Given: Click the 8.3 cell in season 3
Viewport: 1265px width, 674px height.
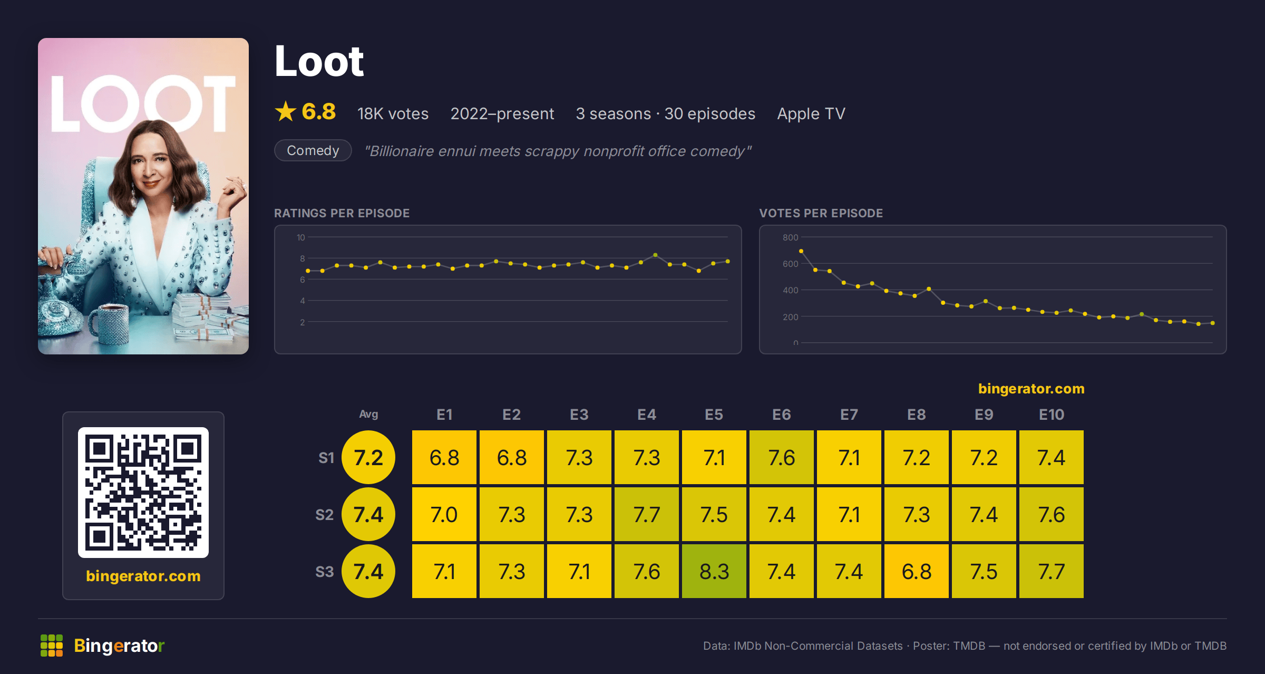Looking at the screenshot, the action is [x=714, y=571].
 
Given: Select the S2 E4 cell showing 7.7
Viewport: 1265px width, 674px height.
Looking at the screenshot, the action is [x=647, y=514].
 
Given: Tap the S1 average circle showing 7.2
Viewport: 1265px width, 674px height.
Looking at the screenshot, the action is [x=368, y=457].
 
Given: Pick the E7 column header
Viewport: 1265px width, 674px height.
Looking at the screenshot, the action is [x=849, y=415].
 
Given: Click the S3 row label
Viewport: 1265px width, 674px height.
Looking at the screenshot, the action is [x=325, y=572].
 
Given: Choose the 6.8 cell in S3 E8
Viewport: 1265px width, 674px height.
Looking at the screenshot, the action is [x=917, y=571].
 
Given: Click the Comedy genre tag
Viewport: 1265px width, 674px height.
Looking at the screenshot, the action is [x=313, y=150].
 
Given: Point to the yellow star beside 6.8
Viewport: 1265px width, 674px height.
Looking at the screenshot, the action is [x=286, y=111].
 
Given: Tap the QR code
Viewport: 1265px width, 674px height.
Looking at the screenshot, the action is [x=143, y=493].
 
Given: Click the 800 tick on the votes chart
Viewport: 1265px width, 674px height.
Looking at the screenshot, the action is [x=790, y=237].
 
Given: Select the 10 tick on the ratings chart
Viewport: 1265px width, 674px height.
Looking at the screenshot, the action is [x=301, y=237].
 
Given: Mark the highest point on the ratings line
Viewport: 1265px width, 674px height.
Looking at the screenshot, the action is [x=655, y=255].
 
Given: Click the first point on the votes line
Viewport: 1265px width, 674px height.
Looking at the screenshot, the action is [x=801, y=251].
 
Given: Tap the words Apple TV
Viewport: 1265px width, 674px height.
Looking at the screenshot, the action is [x=811, y=113].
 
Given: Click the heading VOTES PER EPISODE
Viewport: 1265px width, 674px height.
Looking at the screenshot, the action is [x=821, y=213].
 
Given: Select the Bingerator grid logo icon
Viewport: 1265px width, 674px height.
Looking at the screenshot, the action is [x=52, y=646].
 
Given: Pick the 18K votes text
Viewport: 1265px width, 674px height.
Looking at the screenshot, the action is [x=393, y=113].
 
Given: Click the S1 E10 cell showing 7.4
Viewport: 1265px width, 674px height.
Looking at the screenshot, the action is [x=1052, y=457].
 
